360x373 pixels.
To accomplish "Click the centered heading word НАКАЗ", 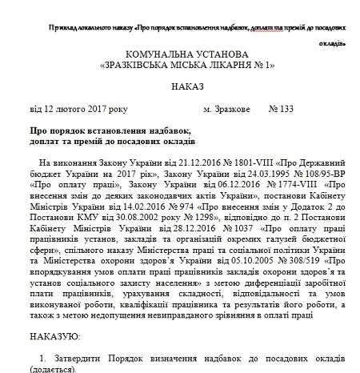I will click(180, 85).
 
